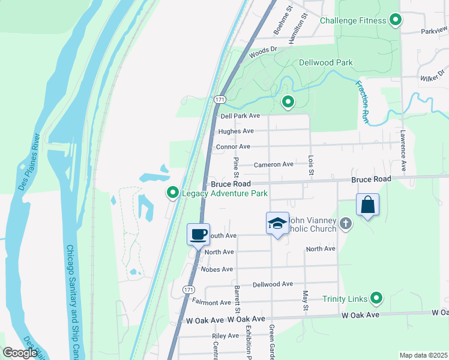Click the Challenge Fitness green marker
tap(395, 20)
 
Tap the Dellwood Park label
tap(325, 62)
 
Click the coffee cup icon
tap(197, 234)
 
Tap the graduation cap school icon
tap(277, 223)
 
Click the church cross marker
tap(345, 224)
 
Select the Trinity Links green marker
tap(376, 298)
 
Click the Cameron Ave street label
tap(273, 164)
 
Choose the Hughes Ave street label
tap(236, 131)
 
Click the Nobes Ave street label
tap(218, 269)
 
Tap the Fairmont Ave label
tap(212, 302)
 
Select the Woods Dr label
tap(267, 50)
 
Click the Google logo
tap(20, 353)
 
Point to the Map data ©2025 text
tap(423, 355)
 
